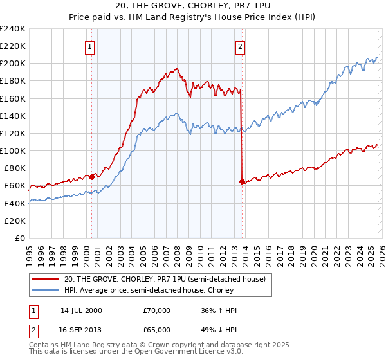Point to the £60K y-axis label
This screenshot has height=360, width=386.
(x=14, y=186)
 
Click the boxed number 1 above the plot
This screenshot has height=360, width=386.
(x=91, y=46)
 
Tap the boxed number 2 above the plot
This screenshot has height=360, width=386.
(x=240, y=46)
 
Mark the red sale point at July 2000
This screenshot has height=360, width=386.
(x=91, y=176)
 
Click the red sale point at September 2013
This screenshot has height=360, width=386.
(x=241, y=181)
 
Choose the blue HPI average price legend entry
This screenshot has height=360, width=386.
(x=149, y=291)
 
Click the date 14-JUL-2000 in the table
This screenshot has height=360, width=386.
(x=81, y=310)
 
